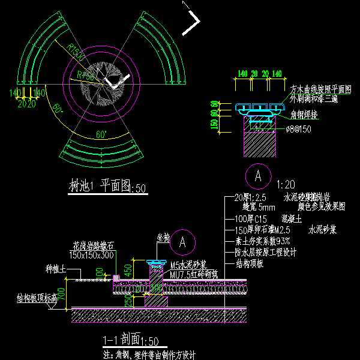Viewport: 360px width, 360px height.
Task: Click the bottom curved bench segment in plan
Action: (104, 151)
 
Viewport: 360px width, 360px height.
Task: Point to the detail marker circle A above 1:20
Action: (258, 176)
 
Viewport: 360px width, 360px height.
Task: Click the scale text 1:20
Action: (286, 183)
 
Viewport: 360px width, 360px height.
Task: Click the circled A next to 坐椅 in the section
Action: (185, 241)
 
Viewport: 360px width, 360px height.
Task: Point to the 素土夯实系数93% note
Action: (257, 241)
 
